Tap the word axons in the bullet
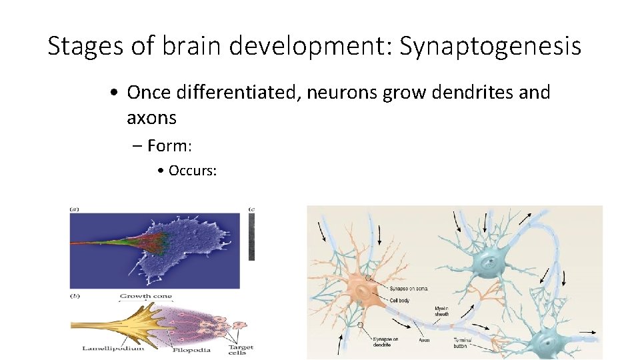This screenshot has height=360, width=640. (151, 118)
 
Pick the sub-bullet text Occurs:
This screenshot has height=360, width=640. (193, 171)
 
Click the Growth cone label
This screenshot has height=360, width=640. (145, 296)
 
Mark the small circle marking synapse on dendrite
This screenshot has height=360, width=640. (361, 325)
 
